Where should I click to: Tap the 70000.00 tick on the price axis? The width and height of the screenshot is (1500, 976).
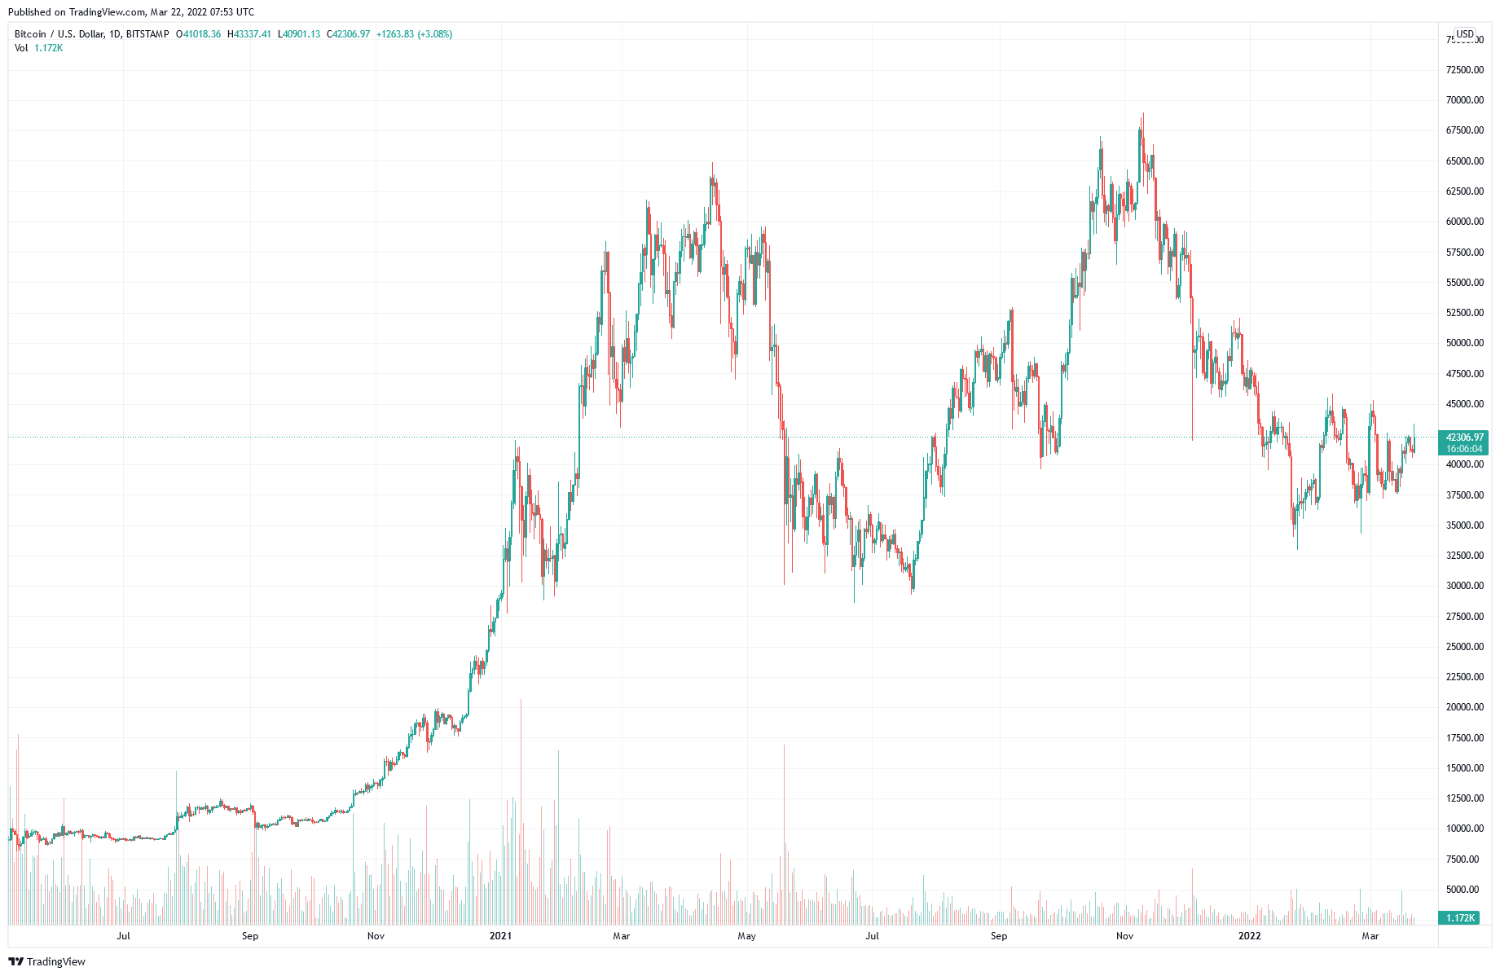click(1464, 100)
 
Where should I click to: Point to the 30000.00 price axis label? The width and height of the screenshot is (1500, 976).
click(1464, 586)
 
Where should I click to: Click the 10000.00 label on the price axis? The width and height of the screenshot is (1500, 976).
click(1464, 829)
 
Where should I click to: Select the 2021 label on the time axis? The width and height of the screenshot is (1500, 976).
click(500, 936)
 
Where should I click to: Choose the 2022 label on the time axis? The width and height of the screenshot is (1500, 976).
click(1249, 936)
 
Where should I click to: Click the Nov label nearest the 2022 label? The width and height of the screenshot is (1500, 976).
click(1124, 936)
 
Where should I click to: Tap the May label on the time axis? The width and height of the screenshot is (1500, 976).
click(746, 936)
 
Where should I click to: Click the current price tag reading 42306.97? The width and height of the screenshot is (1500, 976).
click(1464, 437)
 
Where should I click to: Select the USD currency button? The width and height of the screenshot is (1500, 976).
click(1465, 34)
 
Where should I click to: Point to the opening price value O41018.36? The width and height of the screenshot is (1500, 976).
click(198, 34)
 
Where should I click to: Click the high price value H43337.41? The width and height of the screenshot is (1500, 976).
click(249, 34)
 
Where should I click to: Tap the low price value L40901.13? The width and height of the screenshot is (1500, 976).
click(299, 34)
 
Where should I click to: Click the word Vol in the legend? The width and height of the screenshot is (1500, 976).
click(21, 48)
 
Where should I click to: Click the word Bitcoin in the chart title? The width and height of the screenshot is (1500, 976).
click(31, 34)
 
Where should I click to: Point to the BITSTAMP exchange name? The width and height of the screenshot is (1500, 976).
click(147, 34)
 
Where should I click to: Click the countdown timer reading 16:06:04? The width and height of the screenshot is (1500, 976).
click(1464, 449)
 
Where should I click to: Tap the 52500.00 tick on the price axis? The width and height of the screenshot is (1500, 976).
click(1464, 313)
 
